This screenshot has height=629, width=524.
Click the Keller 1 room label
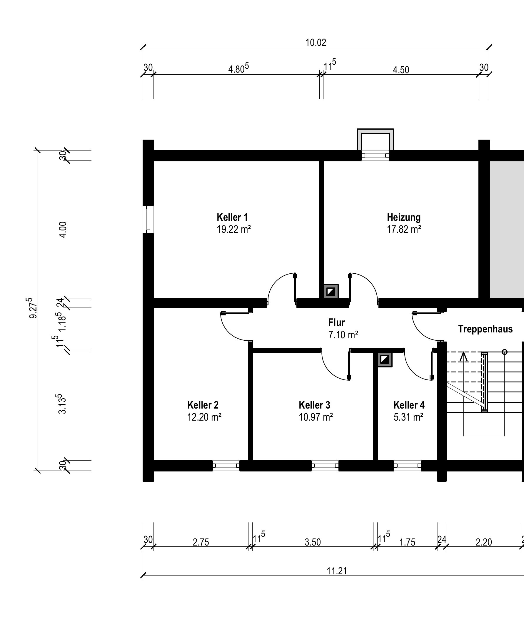tap(232, 217)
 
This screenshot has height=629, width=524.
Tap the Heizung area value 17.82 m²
tap(404, 230)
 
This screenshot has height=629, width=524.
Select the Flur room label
tap(336, 323)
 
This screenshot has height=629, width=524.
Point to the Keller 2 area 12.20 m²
tap(204, 417)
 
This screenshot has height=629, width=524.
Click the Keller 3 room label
tap(314, 405)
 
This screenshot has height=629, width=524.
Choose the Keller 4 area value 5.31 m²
tap(408, 417)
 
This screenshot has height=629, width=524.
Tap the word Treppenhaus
tap(485, 329)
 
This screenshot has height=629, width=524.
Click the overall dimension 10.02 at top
tap(316, 43)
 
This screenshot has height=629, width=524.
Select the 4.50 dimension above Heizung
tap(401, 70)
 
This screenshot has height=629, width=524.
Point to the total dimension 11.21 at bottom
tap(337, 571)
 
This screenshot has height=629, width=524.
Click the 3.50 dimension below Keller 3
tap(313, 542)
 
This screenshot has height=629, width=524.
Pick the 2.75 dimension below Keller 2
tap(201, 542)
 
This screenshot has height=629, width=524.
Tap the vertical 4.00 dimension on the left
tap(63, 230)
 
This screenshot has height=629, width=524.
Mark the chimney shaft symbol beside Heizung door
tap(331, 292)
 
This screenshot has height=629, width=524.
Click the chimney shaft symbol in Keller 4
tap(385, 359)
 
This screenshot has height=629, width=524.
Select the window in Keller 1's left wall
tap(148, 219)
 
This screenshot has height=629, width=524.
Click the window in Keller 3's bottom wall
tap(325, 466)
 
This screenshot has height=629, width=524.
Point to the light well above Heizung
tap(375, 140)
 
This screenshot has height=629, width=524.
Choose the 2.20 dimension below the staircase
tap(484, 542)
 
